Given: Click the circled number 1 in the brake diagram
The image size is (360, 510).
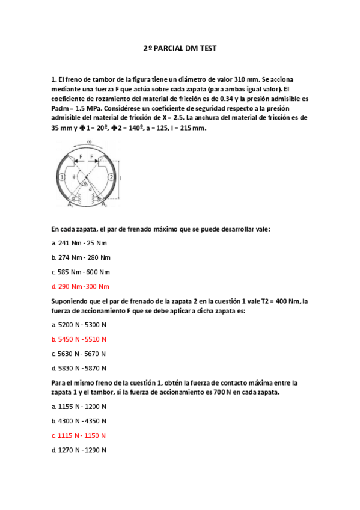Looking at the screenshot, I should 63,177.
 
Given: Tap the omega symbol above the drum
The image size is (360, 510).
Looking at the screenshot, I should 89,142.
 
